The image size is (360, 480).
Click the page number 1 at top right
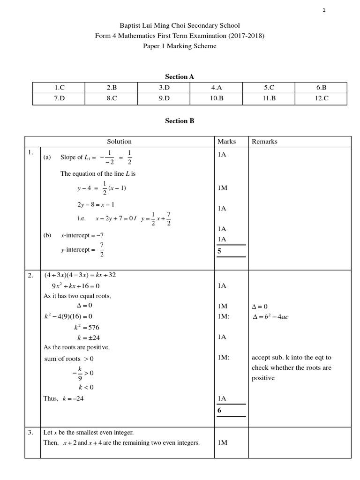click(324, 10)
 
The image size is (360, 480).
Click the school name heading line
click(180, 26)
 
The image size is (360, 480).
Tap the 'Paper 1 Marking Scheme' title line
click(180, 46)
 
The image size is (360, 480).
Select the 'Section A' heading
click(180, 76)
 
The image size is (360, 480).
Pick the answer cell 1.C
click(59, 87)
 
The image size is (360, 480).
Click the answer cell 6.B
click(321, 87)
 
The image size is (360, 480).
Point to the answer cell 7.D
click(59, 98)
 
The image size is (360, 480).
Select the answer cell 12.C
click(321, 98)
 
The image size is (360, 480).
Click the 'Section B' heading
click(180, 120)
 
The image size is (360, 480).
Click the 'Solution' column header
click(119, 142)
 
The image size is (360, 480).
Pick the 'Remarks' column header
click(264, 142)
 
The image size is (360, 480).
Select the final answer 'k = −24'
click(64, 398)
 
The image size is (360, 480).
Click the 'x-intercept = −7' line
click(82, 235)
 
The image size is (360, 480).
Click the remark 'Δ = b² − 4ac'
click(270, 317)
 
